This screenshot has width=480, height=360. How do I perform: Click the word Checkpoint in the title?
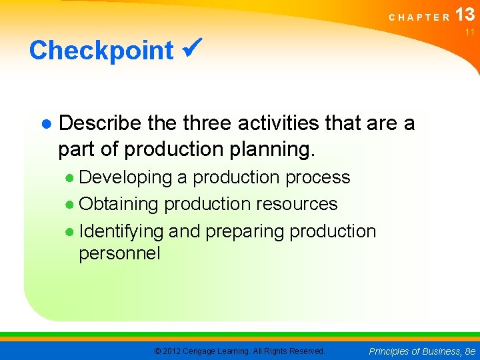pos(101,51)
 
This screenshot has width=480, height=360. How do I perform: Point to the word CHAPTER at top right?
pos(419,18)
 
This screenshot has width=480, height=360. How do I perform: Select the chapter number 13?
pos(465,15)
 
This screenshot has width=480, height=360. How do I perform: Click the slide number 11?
pos(469,32)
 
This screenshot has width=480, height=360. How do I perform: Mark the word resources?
pos(299,204)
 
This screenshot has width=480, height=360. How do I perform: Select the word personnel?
pos(119,254)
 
